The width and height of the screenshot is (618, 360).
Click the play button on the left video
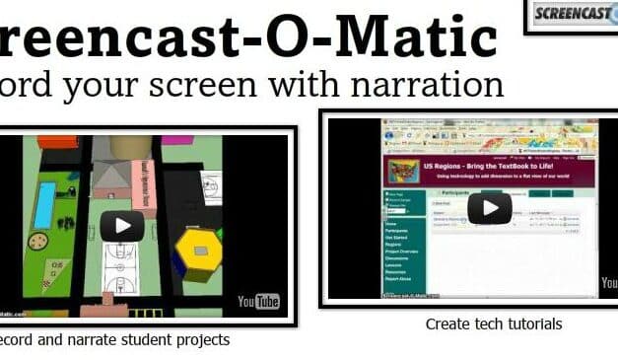tap(122, 225)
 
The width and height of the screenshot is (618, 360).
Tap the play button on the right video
tap(489, 208)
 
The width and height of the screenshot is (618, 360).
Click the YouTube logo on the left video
tap(258, 300)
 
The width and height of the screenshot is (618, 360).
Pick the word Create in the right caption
tap(448, 324)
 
